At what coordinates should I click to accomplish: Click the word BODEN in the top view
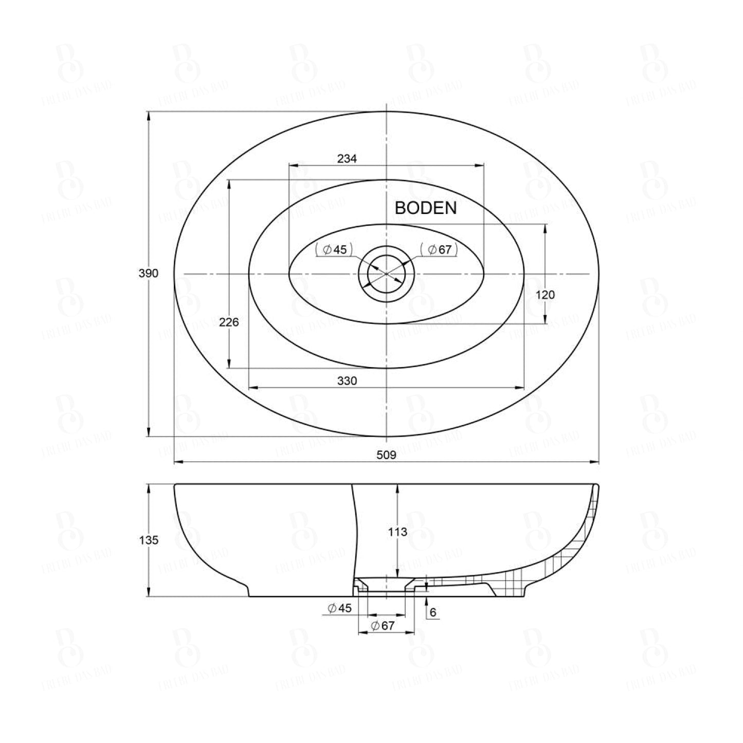tap(425, 208)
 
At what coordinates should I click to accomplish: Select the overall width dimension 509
tap(386, 455)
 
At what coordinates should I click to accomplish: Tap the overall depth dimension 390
tap(149, 274)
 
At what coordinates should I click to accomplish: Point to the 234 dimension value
tap(347, 158)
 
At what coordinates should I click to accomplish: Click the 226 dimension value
tap(229, 322)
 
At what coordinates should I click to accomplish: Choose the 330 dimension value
tap(347, 380)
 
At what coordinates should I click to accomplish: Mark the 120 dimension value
tap(545, 295)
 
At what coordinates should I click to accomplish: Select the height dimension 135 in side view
tap(149, 540)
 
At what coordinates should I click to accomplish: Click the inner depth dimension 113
tap(397, 532)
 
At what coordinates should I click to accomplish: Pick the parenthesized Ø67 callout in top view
tap(439, 250)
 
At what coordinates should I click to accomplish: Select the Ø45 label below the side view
tap(340, 608)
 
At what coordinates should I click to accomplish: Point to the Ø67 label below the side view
tap(383, 626)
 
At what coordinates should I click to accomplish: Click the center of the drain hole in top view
tap(386, 274)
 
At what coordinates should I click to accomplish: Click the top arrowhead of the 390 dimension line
tap(149, 116)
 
